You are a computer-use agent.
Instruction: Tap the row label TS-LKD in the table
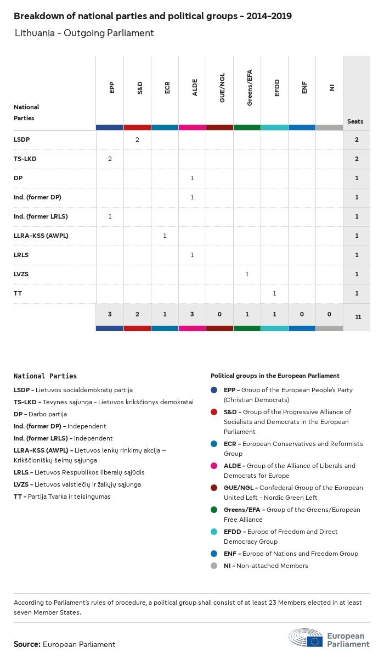tap(25, 159)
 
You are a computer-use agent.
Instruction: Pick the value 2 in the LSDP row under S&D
tap(137, 140)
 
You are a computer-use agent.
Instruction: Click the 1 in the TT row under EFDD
tap(274, 293)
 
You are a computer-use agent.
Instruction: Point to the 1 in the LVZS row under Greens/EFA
tap(247, 274)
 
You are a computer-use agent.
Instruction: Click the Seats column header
tap(355, 121)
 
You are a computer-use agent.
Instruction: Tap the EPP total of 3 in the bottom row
tap(110, 314)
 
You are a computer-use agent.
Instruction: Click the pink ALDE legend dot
tap(214, 466)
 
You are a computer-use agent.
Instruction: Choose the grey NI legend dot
tap(214, 566)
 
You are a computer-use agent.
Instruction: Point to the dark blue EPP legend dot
tap(214, 390)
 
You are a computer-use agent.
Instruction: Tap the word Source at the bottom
tap(27, 644)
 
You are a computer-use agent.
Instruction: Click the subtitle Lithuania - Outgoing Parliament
tap(84, 33)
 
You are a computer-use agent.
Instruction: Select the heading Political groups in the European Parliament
tap(275, 376)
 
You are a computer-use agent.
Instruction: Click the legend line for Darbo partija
tap(40, 414)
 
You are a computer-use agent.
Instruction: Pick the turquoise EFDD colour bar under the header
tap(274, 127)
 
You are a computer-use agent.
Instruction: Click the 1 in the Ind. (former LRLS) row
tap(110, 216)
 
